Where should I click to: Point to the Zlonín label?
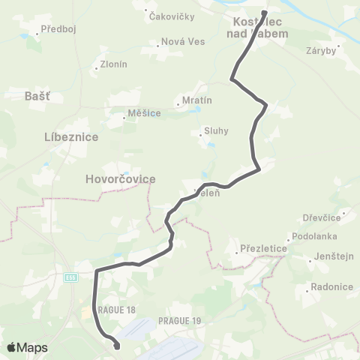112,65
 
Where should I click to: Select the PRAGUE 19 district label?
181,320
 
